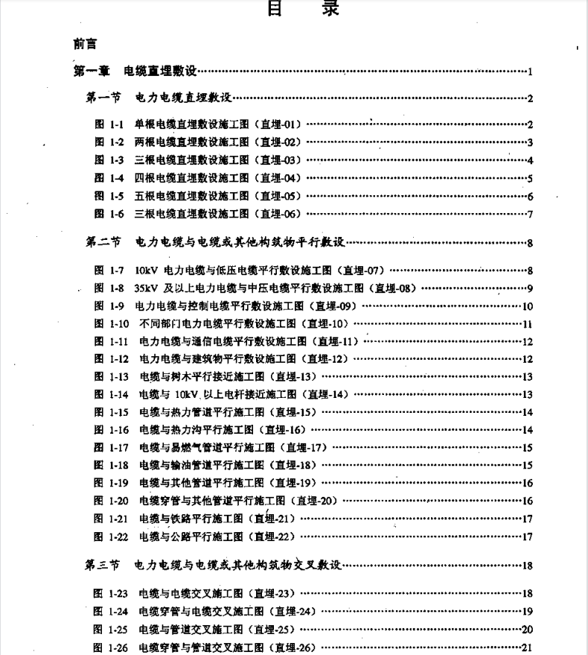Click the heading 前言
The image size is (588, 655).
[x=86, y=44]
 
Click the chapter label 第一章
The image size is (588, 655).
[x=92, y=72]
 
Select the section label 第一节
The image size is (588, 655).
[x=103, y=98]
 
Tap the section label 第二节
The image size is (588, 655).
[x=103, y=242]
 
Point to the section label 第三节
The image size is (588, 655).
[x=103, y=566]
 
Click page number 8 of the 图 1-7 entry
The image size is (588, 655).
[x=529, y=270]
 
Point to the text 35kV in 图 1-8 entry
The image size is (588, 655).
[x=147, y=288]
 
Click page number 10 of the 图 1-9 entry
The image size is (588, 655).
[x=527, y=306]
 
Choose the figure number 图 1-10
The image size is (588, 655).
[x=111, y=324]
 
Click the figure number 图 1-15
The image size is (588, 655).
[x=111, y=412]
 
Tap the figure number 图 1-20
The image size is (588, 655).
[x=111, y=501]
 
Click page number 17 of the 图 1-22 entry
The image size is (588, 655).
[x=527, y=537]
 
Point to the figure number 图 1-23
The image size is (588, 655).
[x=111, y=594]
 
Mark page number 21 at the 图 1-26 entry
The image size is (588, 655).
[x=527, y=648]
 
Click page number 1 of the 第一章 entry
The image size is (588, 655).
[x=529, y=72]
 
